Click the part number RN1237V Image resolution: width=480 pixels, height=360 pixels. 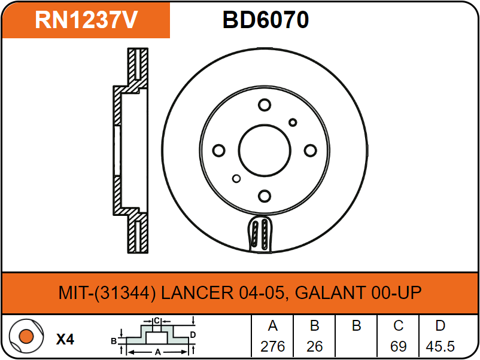87,20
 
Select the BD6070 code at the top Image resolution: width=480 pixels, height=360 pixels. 266,20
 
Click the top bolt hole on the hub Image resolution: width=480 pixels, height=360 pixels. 264,105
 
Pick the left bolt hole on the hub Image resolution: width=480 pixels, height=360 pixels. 218,150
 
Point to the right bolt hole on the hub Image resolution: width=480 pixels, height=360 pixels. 309,150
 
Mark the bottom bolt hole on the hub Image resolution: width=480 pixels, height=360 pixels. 264,196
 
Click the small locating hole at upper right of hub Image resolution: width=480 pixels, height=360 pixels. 293,123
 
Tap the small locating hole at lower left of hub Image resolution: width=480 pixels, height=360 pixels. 236,178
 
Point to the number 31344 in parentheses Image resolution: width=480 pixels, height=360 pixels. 129,293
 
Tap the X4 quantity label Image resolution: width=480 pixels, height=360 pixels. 65,340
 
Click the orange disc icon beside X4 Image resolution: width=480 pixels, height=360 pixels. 26,337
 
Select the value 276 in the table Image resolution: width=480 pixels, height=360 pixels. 273,346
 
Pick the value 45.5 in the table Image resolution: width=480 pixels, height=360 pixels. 440,346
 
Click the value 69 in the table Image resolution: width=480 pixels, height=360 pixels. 399,346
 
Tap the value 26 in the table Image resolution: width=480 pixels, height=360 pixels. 315,346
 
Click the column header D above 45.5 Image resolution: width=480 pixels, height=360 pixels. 440,327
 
